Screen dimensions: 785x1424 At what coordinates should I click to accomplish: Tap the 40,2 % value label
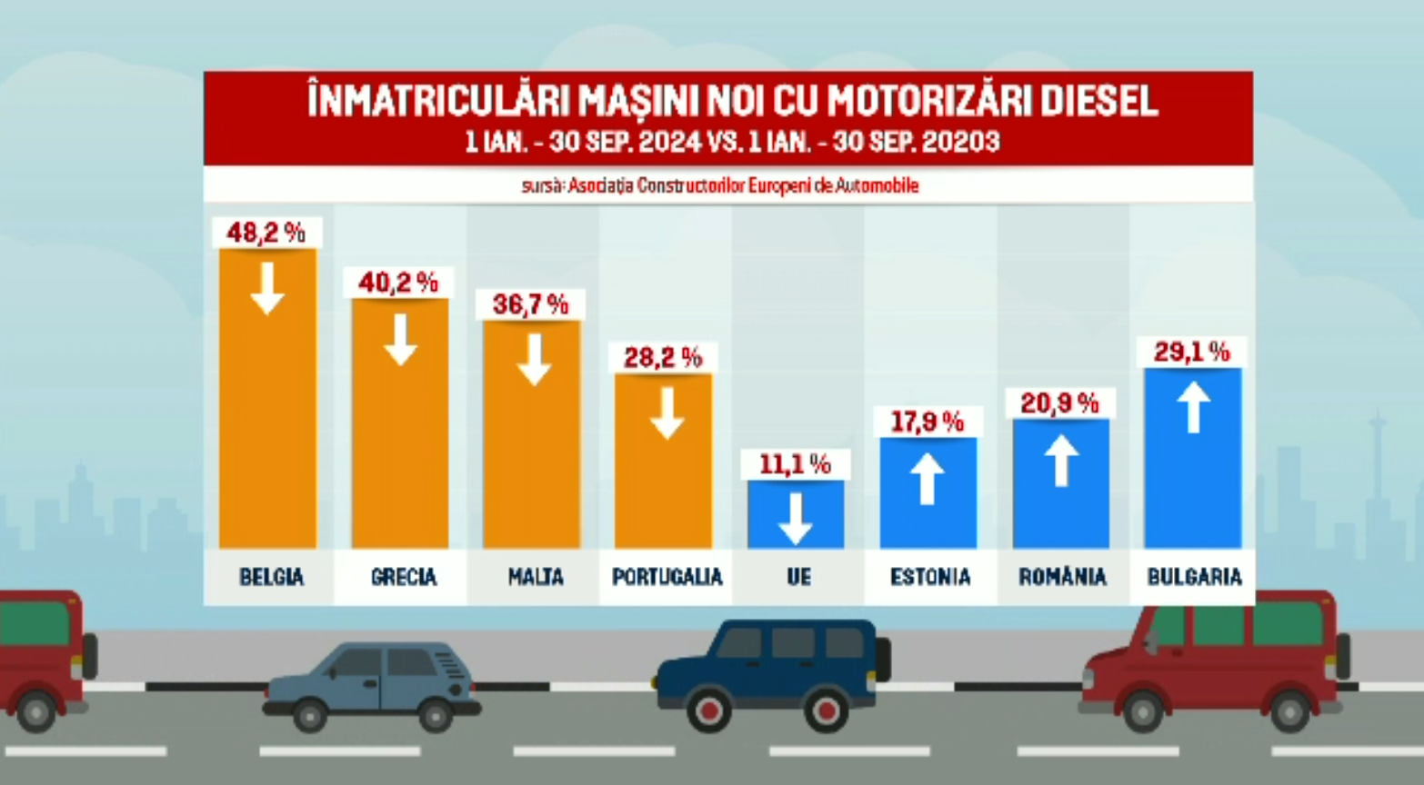click(398, 283)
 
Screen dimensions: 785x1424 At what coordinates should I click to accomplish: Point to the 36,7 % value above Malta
click(530, 304)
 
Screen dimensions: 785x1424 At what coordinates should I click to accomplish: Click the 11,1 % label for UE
click(795, 464)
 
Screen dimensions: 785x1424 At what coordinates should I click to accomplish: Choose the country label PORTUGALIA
click(667, 577)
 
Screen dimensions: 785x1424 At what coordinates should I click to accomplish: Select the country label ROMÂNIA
click(1062, 577)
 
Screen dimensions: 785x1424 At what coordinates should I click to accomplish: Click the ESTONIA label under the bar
click(929, 577)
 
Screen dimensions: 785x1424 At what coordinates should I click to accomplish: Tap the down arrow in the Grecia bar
click(400, 340)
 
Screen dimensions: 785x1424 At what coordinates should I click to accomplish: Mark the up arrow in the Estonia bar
click(928, 478)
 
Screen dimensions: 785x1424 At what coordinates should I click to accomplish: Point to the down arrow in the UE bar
click(796, 518)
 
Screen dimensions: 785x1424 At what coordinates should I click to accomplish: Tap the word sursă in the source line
click(543, 186)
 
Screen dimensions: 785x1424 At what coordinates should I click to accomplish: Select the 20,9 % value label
click(1059, 402)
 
